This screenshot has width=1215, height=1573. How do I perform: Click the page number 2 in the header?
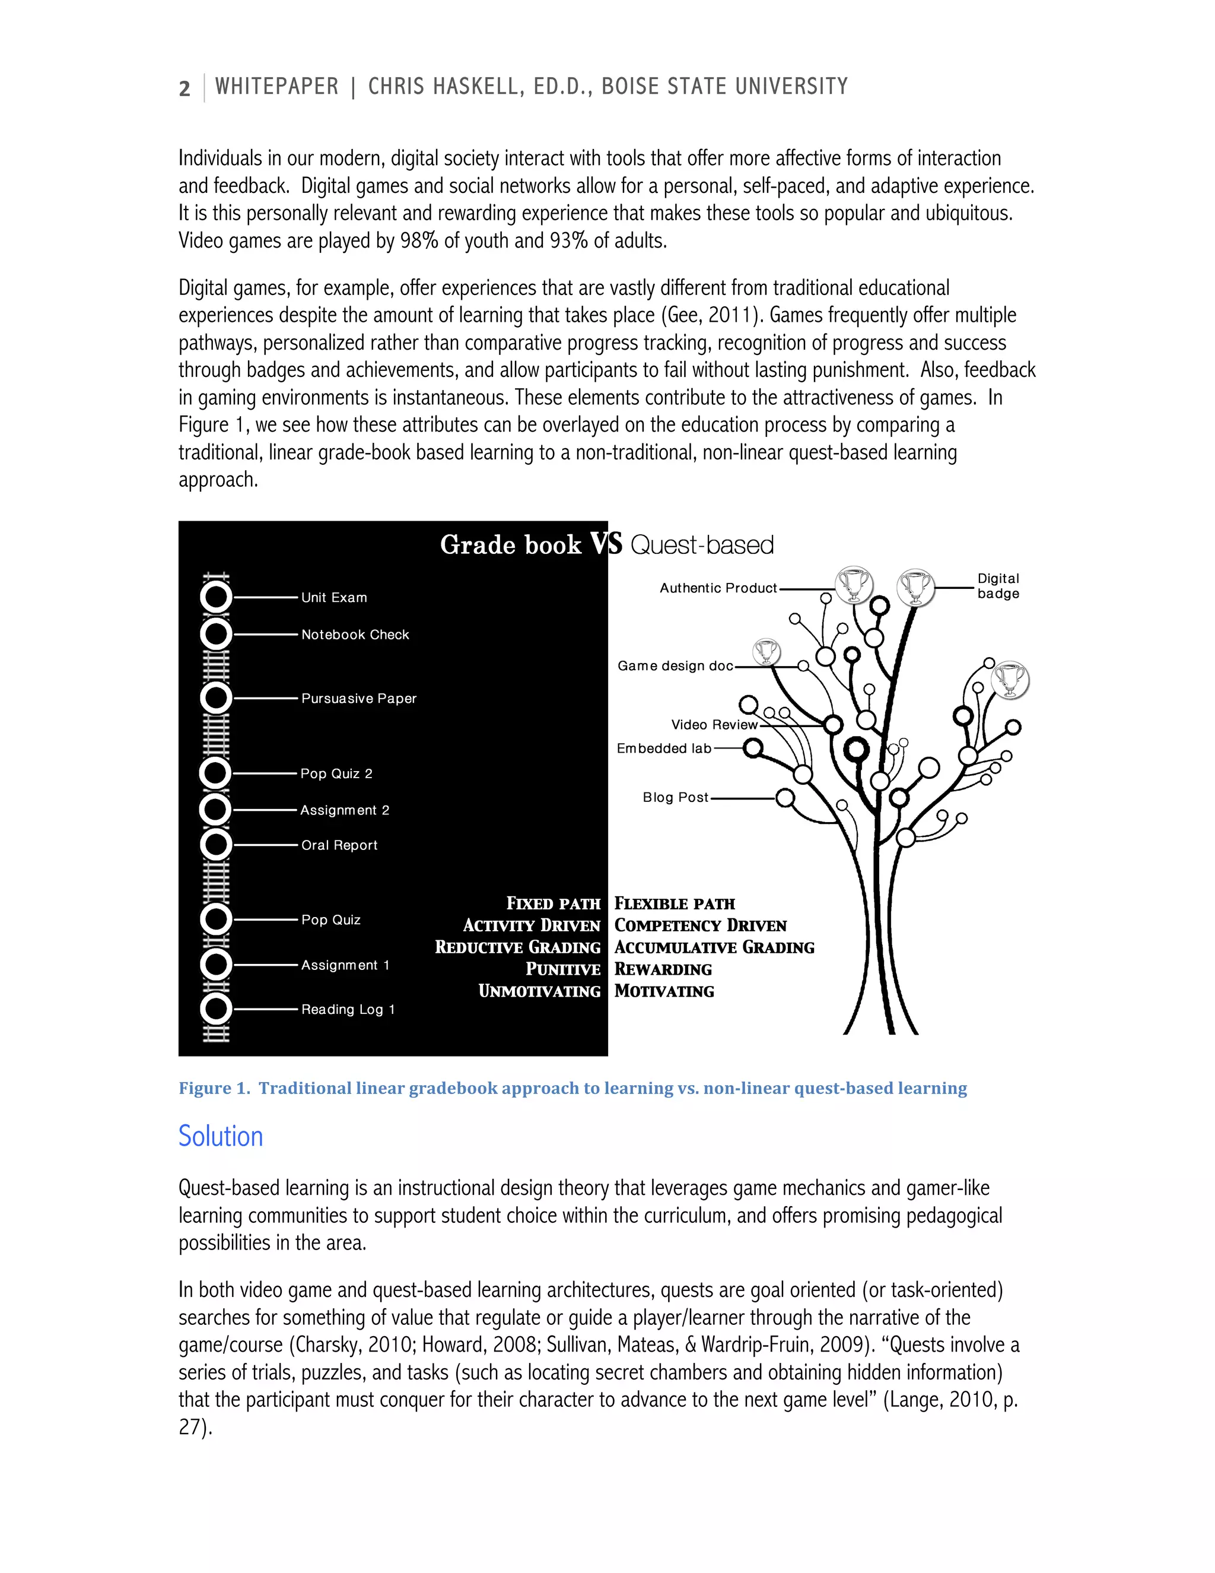click(x=185, y=88)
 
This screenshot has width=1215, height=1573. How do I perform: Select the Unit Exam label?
click(x=334, y=598)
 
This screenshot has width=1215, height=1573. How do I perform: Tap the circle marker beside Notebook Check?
click(x=216, y=635)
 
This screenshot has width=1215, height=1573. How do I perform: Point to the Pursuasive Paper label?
click(x=358, y=699)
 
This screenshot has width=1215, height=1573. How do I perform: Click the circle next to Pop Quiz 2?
click(x=215, y=773)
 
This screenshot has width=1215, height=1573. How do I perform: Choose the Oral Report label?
click(x=339, y=845)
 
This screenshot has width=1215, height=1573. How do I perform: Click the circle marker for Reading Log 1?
click(x=216, y=1009)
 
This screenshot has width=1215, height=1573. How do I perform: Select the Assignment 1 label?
click(x=345, y=965)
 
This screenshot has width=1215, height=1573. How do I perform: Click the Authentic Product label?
click(x=718, y=588)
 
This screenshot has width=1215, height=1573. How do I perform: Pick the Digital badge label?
click(x=998, y=586)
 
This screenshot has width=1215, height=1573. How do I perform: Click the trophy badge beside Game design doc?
click(x=766, y=652)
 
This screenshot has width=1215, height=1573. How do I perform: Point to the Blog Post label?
click(x=675, y=797)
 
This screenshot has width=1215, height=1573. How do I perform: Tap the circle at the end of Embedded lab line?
click(x=753, y=749)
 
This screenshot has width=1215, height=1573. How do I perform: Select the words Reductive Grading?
click(x=517, y=948)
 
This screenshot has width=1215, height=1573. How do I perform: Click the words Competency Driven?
click(x=701, y=925)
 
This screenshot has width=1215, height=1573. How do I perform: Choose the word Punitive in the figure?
click(x=563, y=969)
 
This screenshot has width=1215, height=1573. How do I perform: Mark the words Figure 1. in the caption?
click(x=215, y=1088)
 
